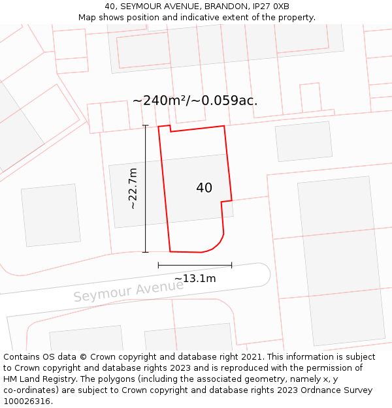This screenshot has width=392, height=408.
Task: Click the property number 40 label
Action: pos(204,188)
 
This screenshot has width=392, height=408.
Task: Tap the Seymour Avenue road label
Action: pos(128,291)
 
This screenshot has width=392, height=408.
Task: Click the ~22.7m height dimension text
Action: pos(133,189)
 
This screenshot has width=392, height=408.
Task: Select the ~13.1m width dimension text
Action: pos(195,279)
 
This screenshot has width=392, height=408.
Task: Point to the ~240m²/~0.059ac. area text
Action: pos(195,101)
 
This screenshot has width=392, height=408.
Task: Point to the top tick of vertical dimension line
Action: pos(145,125)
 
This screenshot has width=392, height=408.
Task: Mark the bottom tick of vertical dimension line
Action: pos(145,252)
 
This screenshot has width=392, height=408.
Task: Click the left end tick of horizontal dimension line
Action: pos(158,265)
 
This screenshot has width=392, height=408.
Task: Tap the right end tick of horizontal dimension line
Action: pos(231,265)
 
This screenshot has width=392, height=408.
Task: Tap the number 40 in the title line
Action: pos(109,6)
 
